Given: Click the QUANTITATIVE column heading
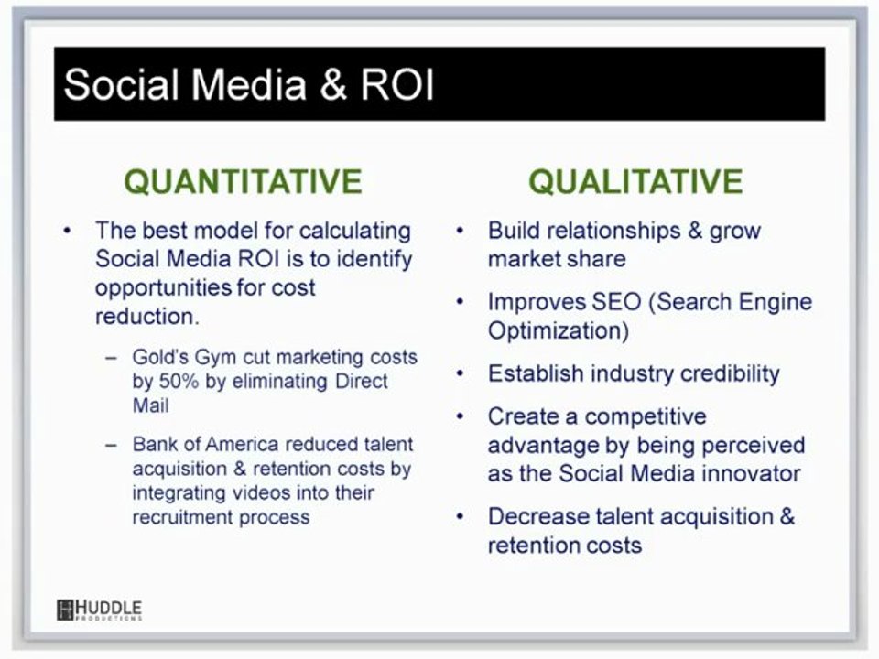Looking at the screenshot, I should click(243, 181).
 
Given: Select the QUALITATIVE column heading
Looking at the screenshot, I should click(635, 181).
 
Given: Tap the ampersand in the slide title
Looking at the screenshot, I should click(333, 85).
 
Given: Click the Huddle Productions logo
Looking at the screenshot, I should click(99, 610).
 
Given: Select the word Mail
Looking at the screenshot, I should click(150, 405).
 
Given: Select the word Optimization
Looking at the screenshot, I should click(558, 330).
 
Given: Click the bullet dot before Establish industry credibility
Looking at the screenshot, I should click(460, 373).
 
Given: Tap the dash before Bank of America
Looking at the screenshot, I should click(113, 445).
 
